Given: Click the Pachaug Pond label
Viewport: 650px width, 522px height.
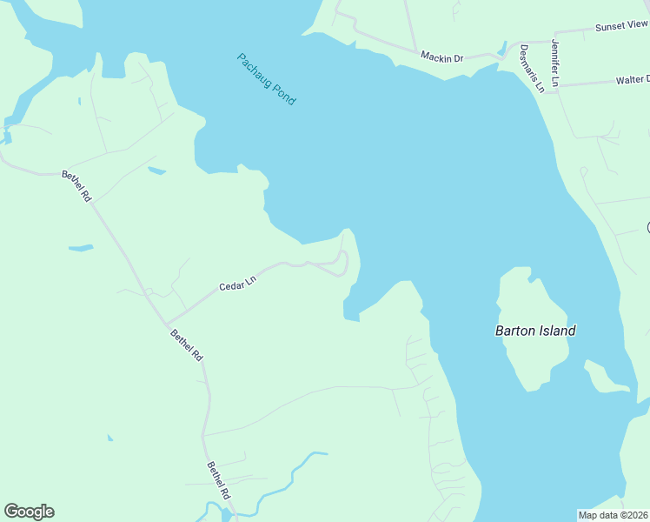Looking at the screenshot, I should pos(267,79).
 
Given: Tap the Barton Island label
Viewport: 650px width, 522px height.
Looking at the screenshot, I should pos(535,331).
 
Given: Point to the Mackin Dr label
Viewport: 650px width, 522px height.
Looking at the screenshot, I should pos(441,57).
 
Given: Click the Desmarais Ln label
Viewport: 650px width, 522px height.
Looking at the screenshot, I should pos(532,68).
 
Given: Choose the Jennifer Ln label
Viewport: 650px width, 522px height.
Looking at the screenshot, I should pos(555,62).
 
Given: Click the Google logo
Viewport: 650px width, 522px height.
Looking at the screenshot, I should pos(29,512).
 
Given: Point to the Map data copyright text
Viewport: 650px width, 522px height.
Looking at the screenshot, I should pos(614,514).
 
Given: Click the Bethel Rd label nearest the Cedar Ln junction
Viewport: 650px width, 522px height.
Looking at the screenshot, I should pos(186,345).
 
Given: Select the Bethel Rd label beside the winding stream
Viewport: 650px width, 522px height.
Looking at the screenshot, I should pos(218,478).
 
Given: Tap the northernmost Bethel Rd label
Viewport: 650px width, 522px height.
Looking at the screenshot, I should pos(76,186).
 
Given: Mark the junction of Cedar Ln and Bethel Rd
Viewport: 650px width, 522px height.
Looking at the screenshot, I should pos(165,324).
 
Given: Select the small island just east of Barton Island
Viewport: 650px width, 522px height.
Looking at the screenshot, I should pos(605,376).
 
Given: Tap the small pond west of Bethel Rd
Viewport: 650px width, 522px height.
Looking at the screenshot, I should pos(81,248).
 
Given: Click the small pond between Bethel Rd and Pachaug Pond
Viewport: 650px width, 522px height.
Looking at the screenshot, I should pos(156,171).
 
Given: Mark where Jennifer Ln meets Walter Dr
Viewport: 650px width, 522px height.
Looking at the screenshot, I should pos(557,85).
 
